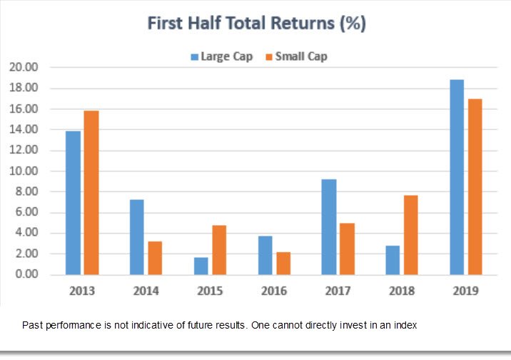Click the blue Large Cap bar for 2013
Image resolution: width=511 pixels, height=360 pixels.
(73, 203)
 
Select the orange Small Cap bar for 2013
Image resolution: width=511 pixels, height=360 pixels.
(91, 193)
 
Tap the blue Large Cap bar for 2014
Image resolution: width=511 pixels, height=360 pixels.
(136, 237)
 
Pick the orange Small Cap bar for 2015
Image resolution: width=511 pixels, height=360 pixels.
(219, 250)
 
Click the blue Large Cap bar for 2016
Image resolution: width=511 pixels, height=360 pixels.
(265, 255)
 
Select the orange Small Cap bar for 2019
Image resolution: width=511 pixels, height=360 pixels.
(475, 186)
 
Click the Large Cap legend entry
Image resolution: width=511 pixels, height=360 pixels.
(221, 56)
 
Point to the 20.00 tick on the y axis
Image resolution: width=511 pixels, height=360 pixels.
(24, 67)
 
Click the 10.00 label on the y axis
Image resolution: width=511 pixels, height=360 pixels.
(24, 171)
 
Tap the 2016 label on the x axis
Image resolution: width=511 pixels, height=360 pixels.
(273, 291)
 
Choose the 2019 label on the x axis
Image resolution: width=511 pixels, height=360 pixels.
(465, 291)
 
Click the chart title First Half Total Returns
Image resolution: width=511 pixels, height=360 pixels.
(256, 23)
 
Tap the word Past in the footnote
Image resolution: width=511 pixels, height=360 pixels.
(32, 325)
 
